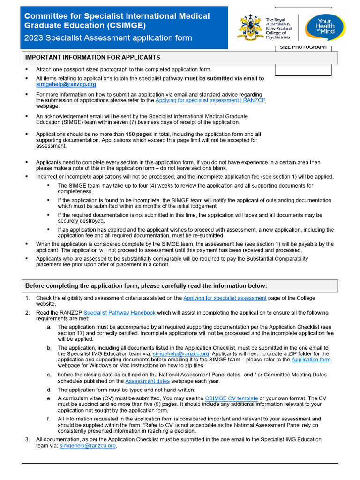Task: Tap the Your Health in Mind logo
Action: [324, 27]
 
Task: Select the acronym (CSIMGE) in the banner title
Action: [125, 25]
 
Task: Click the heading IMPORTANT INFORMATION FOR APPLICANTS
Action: [92, 57]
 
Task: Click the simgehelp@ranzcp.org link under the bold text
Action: [66, 85]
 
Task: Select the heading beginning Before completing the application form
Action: [146, 285]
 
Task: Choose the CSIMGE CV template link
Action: [232, 398]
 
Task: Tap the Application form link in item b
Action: [311, 360]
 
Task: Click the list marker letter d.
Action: [49, 390]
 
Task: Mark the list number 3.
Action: [27, 440]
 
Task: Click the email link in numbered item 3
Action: [88, 446]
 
